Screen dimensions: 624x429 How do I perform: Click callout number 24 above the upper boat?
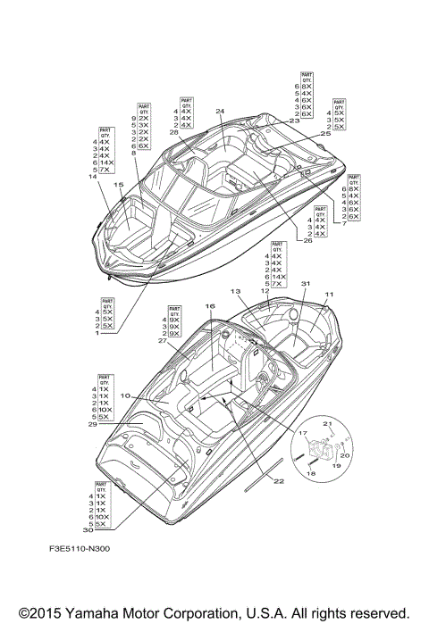[220, 112]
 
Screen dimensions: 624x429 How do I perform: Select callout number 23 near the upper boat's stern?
[295, 121]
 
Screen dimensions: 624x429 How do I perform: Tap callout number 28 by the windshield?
[173, 132]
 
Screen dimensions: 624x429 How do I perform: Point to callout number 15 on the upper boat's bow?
[118, 185]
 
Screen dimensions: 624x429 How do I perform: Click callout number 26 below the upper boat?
[307, 240]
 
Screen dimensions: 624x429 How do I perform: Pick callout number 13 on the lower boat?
[236, 292]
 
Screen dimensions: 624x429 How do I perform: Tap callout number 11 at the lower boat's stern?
[329, 295]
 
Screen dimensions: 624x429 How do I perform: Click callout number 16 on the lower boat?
[210, 306]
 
